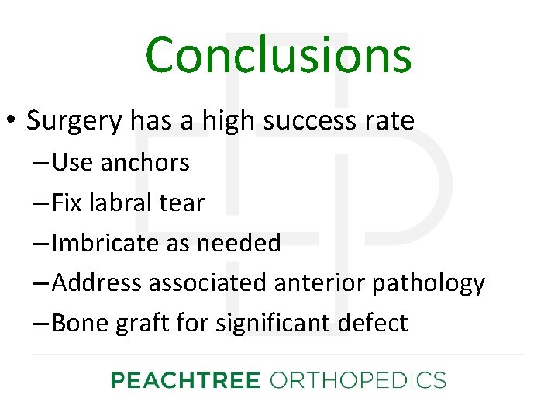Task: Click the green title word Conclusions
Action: click(278, 56)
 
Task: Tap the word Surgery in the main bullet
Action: click(74, 120)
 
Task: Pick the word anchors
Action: click(145, 162)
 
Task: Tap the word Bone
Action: click(81, 324)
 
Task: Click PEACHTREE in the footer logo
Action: click(184, 380)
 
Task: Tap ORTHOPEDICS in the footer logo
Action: click(357, 380)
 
